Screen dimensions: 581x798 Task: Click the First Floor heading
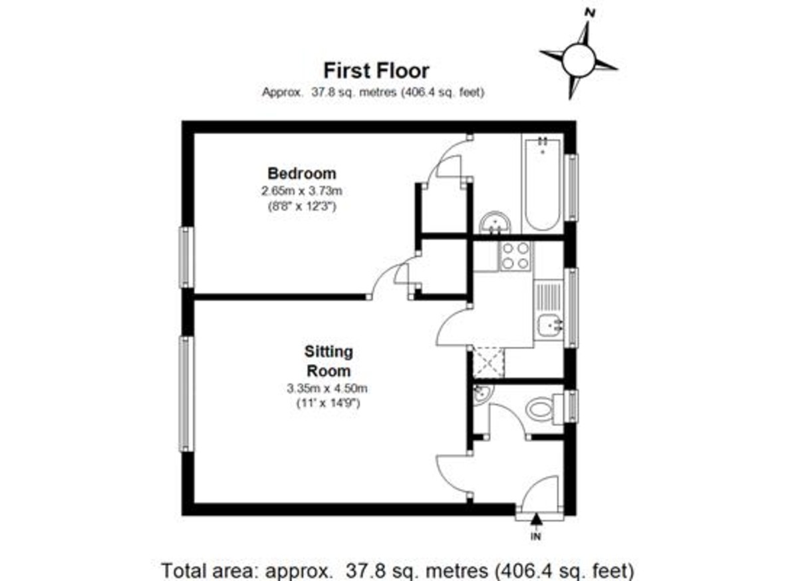376,71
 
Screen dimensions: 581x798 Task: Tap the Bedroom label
301,174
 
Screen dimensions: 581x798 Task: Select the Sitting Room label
329,361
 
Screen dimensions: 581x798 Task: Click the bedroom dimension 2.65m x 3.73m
301,192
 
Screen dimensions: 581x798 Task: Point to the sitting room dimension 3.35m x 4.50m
328,389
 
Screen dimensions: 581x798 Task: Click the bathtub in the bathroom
543,183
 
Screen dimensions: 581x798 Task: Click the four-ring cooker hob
516,256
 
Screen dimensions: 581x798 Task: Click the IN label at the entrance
537,536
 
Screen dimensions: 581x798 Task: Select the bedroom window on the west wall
187,258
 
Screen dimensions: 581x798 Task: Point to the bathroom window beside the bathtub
571,187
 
